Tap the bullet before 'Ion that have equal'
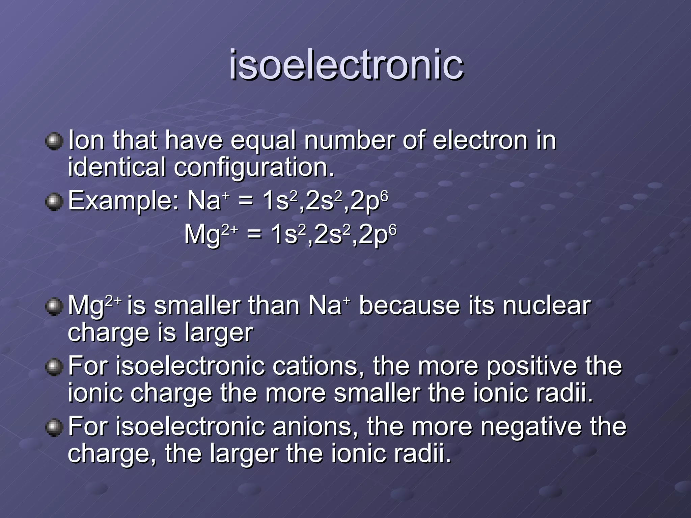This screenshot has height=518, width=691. pos(54,141)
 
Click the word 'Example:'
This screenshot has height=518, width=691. pos(123,201)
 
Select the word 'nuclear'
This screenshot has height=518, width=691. pos(547,306)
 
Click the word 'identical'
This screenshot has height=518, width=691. pos(117,167)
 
